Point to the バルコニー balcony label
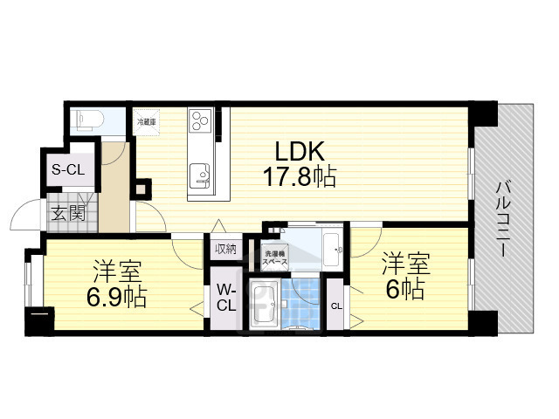click(504, 217)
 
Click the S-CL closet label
click(67, 170)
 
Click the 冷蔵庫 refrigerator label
click(144, 123)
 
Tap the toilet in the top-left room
click(86, 120)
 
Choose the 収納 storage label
click(224, 249)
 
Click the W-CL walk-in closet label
click(225, 298)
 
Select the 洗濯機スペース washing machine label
click(267, 258)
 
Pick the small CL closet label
click(336, 305)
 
